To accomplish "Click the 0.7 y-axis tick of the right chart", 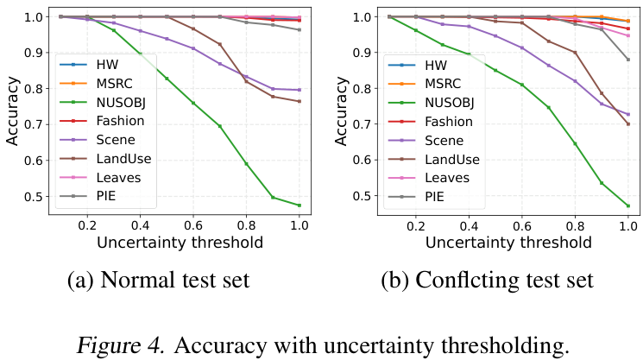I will click(x=365, y=124).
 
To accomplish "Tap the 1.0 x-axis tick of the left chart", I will click(x=299, y=223).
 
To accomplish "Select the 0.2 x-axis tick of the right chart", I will click(x=416, y=223).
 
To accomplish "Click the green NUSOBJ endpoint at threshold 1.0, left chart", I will click(x=299, y=205).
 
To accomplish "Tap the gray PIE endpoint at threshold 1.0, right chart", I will click(x=628, y=60).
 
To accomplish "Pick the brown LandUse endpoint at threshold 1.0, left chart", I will click(x=299, y=101).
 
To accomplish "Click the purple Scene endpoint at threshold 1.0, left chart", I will click(x=299, y=90).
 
